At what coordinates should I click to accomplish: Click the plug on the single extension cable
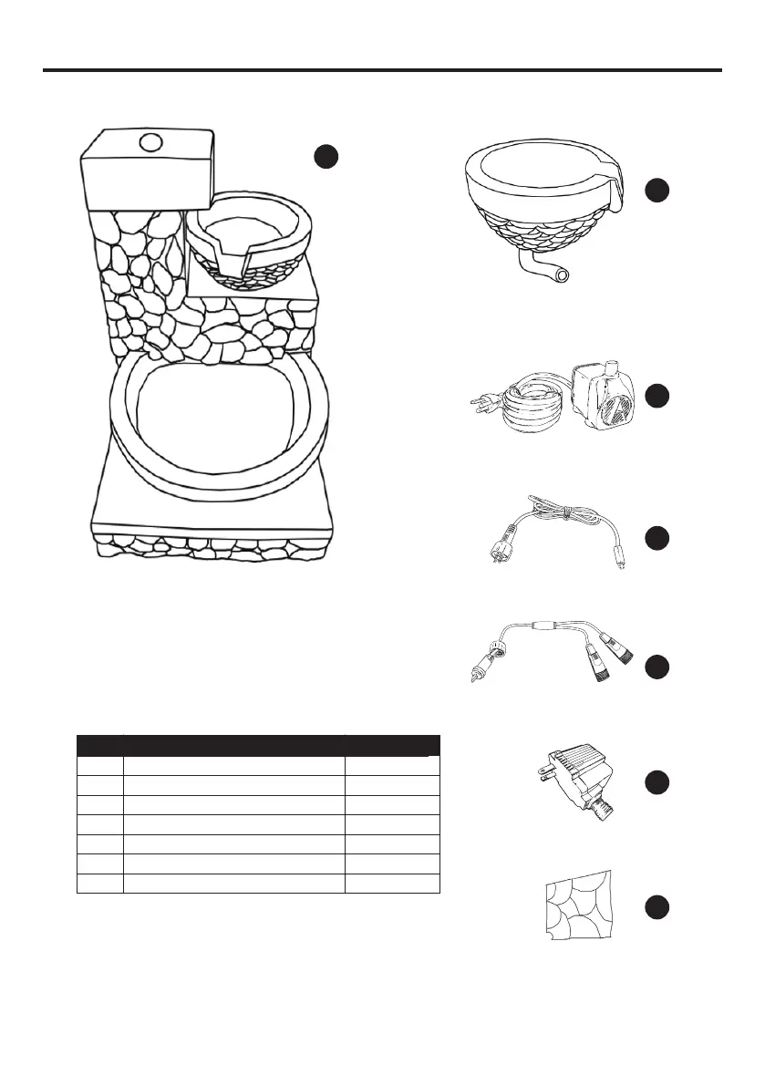coord(500,553)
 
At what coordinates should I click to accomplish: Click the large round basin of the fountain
coord(219,419)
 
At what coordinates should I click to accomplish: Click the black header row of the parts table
coord(258,744)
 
